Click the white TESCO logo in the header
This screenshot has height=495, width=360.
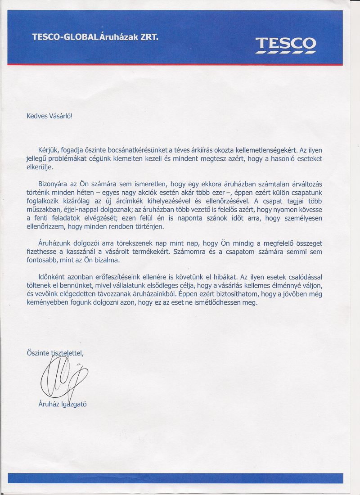[286, 44]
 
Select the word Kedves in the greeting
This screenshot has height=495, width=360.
[37, 116]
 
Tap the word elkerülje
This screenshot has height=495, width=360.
[40, 167]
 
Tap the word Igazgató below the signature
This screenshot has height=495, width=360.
[74, 404]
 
